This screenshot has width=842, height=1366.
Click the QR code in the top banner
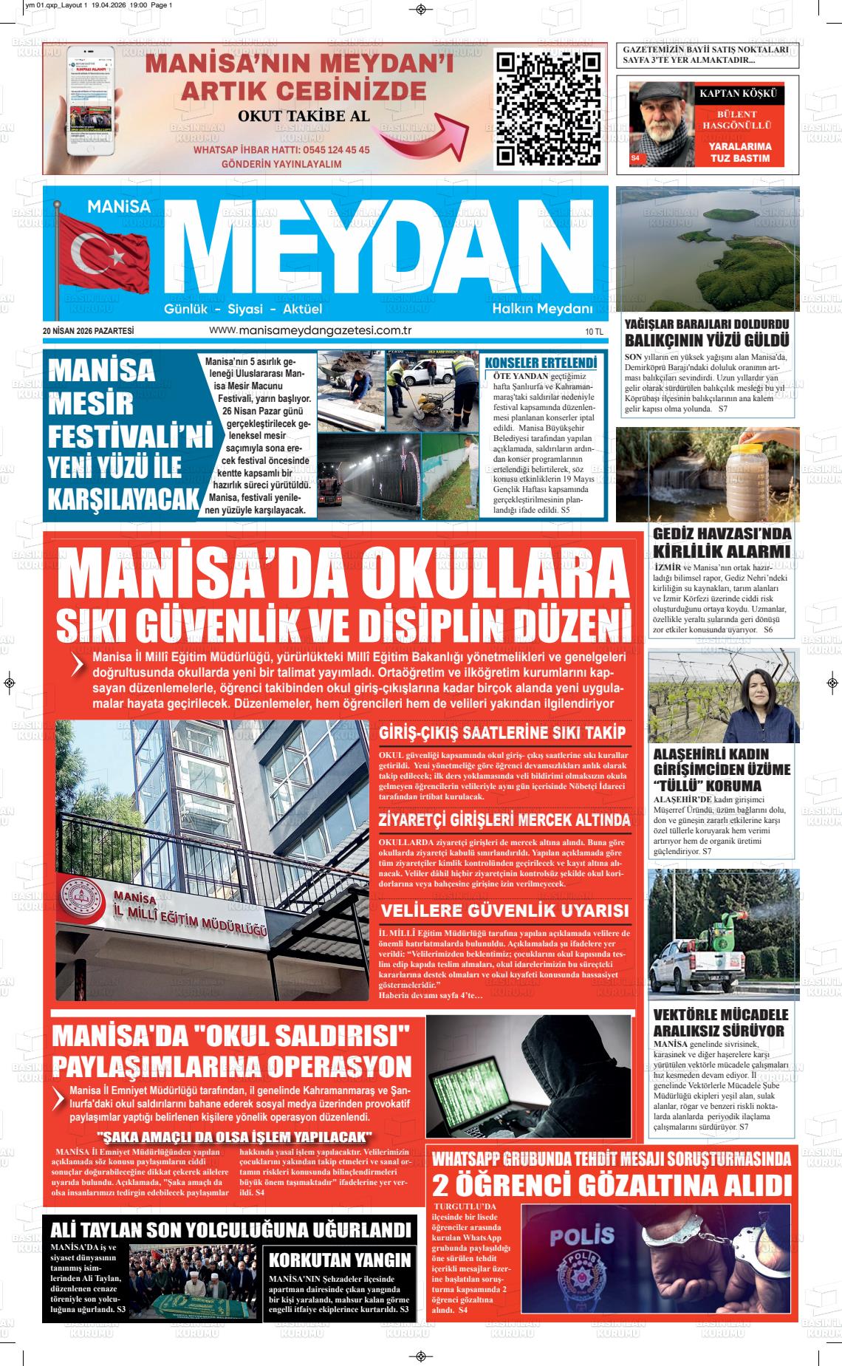pyautogui.click(x=547, y=109)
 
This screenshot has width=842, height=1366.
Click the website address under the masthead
pyautogui.click(x=310, y=331)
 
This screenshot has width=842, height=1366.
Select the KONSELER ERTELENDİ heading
pyautogui.click(x=540, y=363)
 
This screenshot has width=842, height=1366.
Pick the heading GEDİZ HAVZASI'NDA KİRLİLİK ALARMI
pyautogui.click(x=722, y=543)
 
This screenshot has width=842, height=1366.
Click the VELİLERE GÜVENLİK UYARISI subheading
pyautogui.click(x=504, y=909)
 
